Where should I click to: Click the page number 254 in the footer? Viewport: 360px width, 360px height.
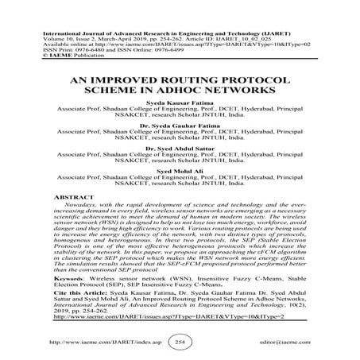180,342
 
